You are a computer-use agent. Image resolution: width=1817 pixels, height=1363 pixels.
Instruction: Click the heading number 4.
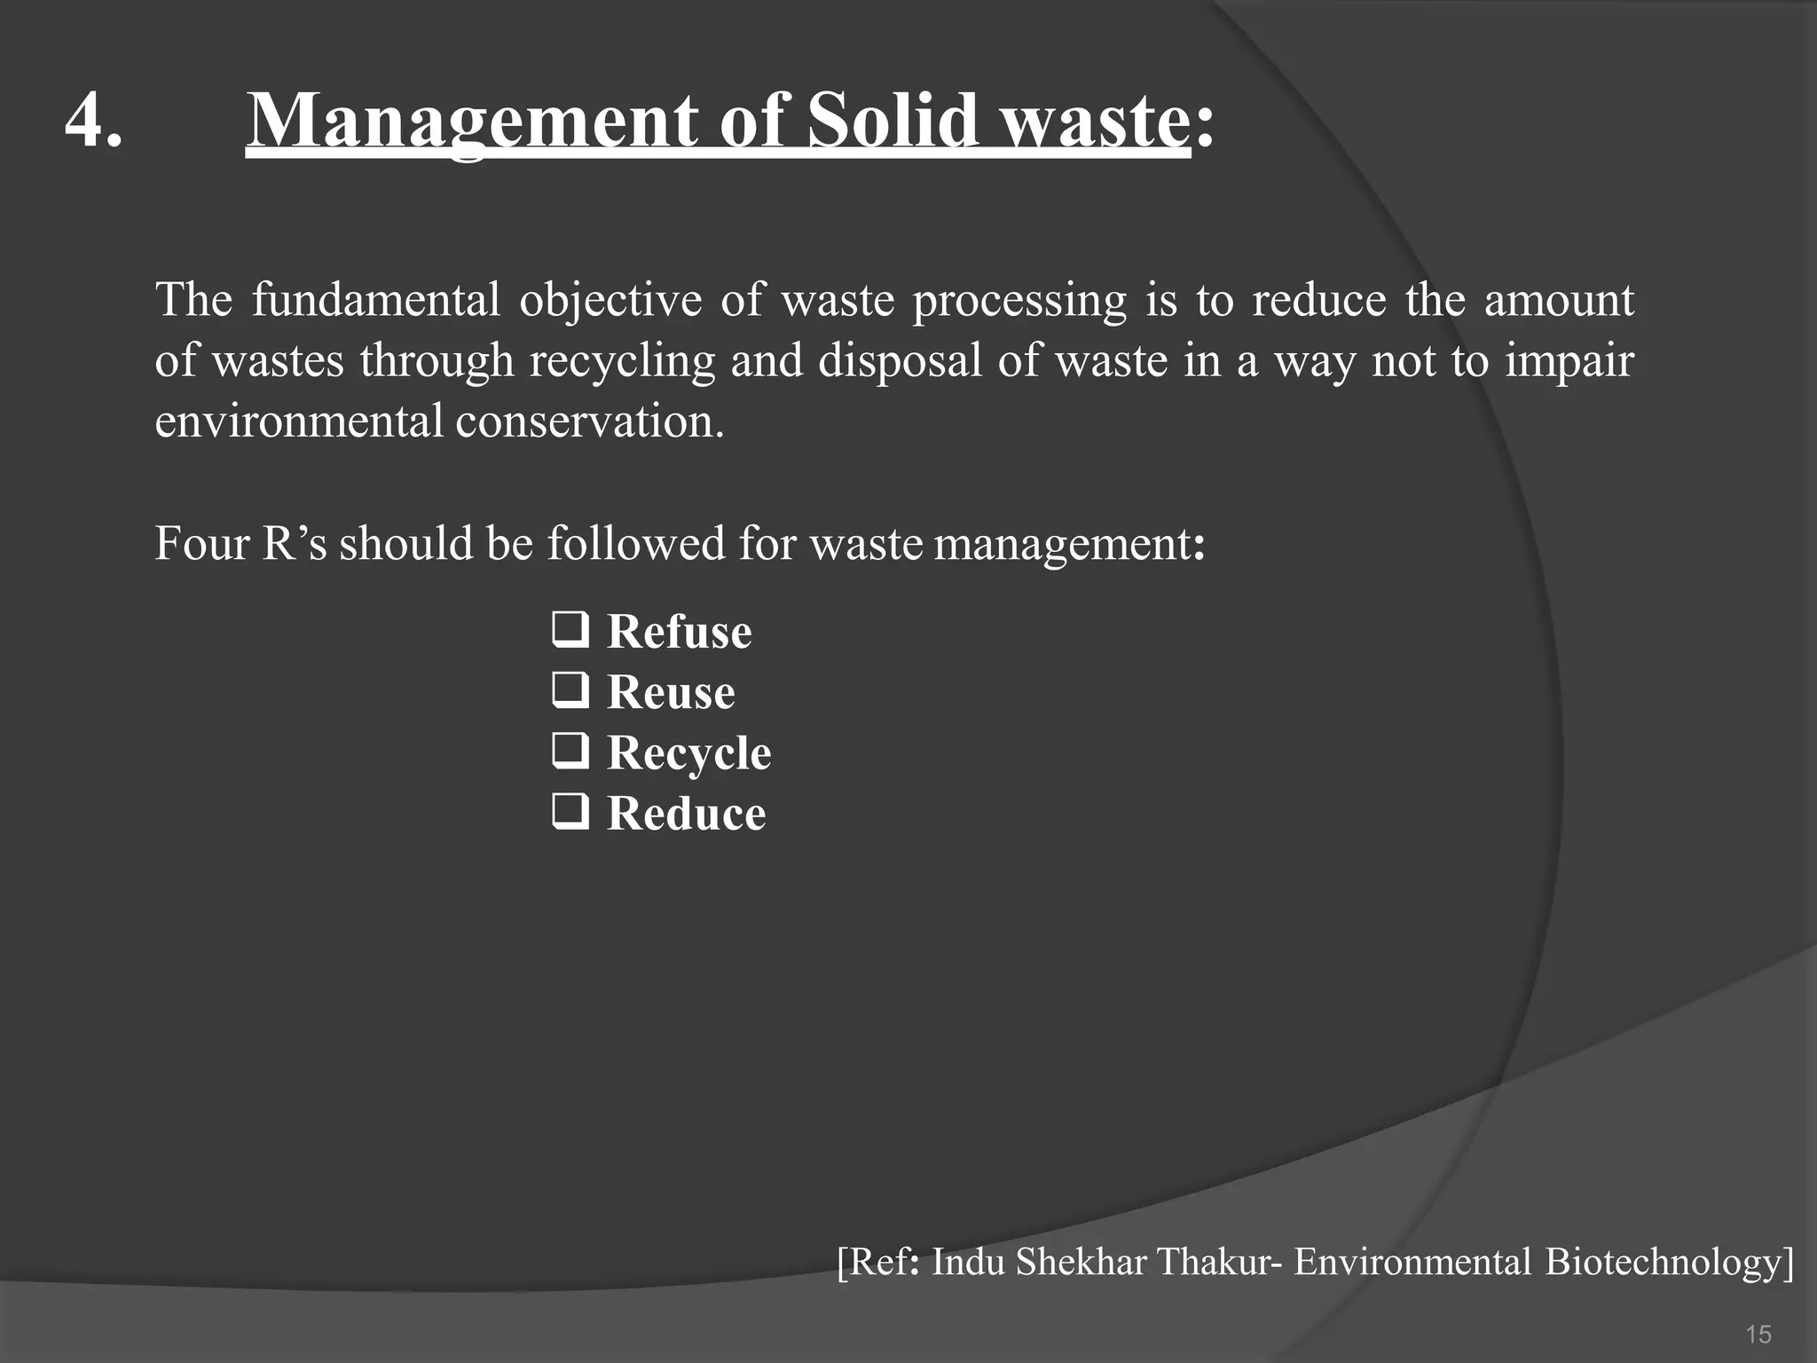93,121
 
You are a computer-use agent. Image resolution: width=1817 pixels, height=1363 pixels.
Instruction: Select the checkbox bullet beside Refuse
570,630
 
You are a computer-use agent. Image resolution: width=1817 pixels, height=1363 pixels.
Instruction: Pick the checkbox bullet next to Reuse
570,690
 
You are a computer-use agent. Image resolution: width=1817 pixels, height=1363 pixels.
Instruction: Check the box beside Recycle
570,751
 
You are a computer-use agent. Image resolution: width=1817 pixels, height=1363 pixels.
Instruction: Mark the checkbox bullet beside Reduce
570,811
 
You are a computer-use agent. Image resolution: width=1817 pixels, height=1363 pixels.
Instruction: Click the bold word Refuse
679,632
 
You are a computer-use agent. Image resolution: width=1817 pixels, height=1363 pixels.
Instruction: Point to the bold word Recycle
688,753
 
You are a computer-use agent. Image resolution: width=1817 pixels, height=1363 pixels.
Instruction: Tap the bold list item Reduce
686,813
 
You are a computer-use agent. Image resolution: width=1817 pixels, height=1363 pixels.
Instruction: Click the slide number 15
1758,1334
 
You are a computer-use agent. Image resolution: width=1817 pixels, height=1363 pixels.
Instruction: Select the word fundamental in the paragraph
376,300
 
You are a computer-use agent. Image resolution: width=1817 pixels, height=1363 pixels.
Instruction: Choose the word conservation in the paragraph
589,421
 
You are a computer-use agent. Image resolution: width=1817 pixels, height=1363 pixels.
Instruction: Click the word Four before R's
201,543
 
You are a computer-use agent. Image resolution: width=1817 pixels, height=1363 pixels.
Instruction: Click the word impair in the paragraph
1569,361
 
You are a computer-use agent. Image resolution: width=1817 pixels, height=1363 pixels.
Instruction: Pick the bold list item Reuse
671,692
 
